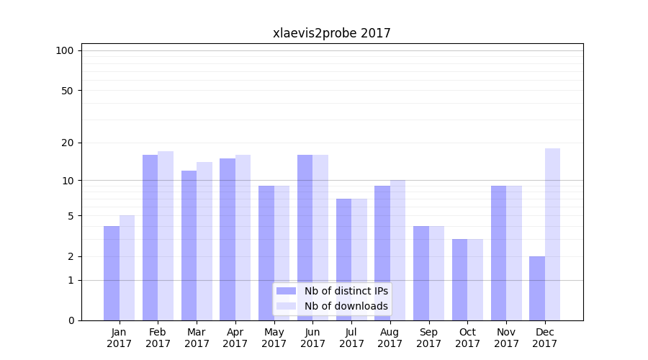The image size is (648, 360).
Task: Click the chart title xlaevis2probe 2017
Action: (x=331, y=33)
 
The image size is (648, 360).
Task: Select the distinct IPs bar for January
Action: (x=112, y=273)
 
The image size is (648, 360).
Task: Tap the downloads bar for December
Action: (x=552, y=234)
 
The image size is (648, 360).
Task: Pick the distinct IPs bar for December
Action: (x=537, y=288)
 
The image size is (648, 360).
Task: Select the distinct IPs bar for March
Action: (x=189, y=246)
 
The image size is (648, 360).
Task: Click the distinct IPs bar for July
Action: (x=343, y=259)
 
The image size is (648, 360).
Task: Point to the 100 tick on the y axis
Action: (x=65, y=50)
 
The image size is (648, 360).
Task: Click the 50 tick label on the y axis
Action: (x=67, y=91)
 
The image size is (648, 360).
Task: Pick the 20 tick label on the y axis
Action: (x=67, y=143)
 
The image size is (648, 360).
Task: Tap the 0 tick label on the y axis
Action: (x=71, y=320)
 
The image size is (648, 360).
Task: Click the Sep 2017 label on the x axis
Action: (x=428, y=338)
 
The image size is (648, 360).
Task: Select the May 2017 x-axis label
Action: (x=274, y=338)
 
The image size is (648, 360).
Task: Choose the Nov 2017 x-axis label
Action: (x=506, y=338)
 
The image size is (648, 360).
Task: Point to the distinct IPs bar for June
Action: (x=305, y=238)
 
